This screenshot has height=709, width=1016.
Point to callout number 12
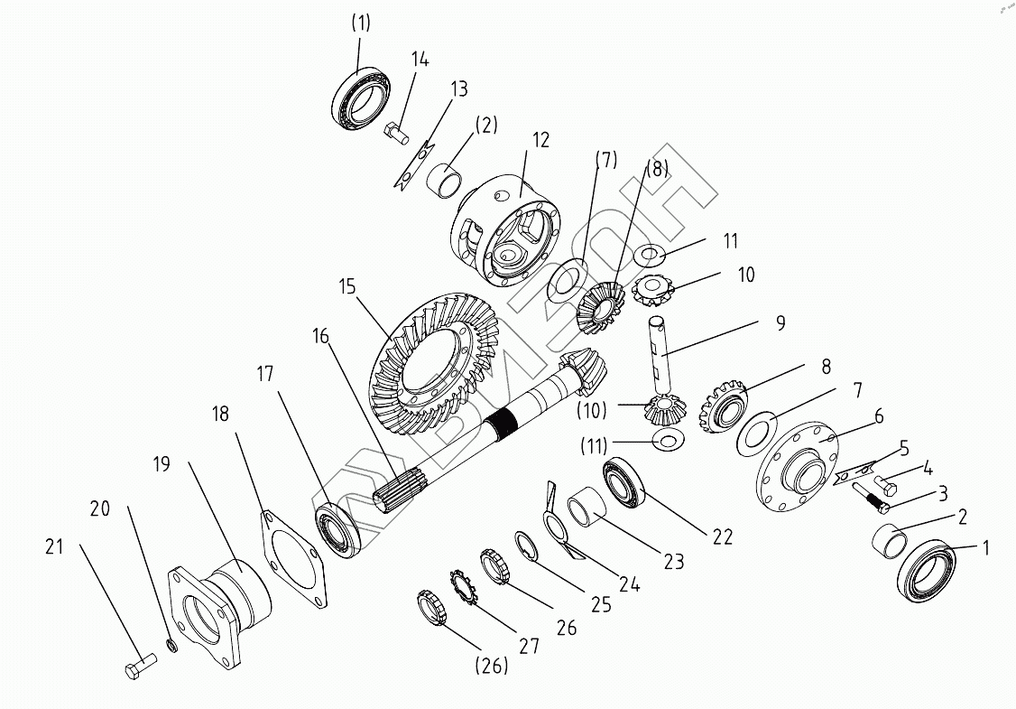point(540,141)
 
